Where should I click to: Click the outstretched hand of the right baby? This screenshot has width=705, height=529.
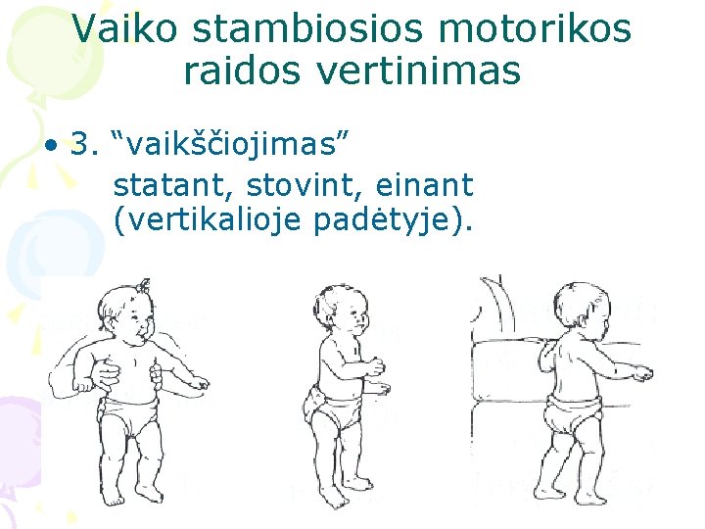tap(642, 374)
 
